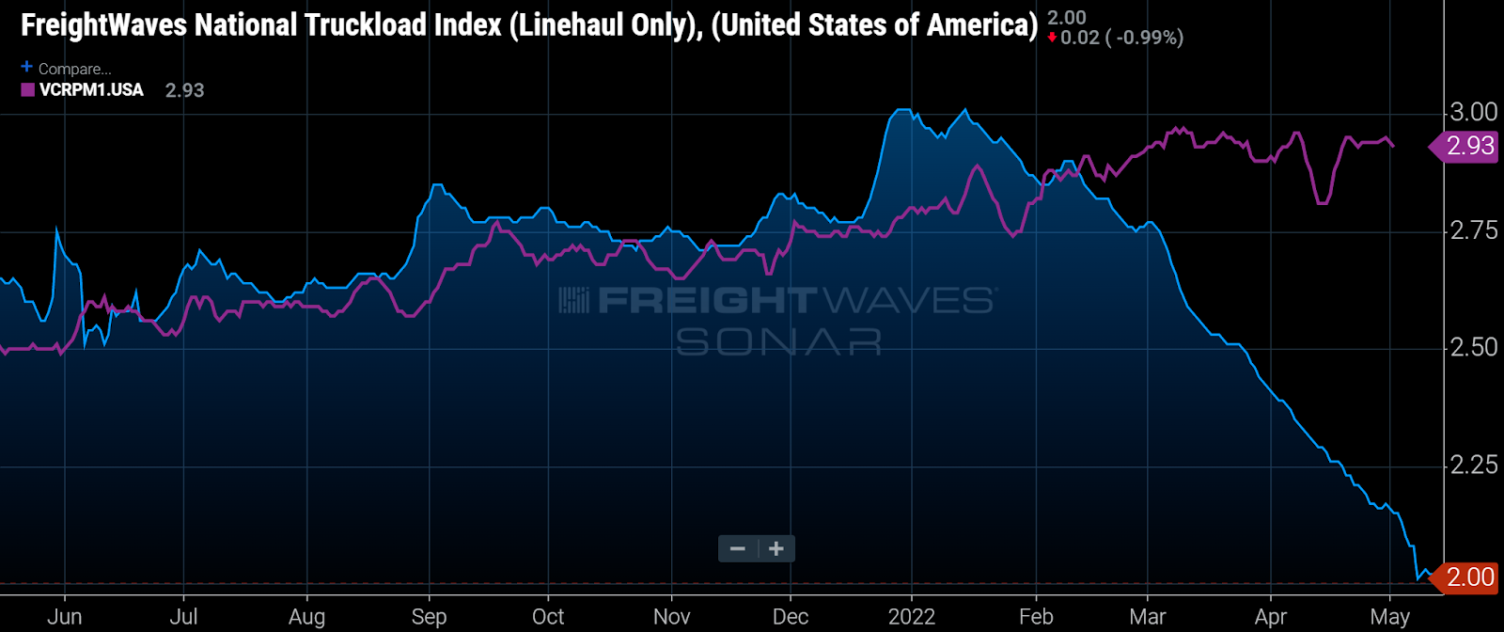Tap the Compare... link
tap(74, 69)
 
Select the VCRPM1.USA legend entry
tap(91, 90)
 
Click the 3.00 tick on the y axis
tap(1473, 112)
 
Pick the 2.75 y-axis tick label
tap(1473, 230)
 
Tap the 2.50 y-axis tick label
tap(1473, 347)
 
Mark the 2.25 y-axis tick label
tap(1473, 465)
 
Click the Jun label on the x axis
tap(64, 617)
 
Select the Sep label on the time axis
tap(429, 617)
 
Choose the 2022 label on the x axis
tap(911, 617)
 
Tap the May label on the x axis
tap(1389, 617)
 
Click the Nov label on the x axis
tap(671, 617)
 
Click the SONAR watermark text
tap(778, 341)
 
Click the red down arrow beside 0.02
tap(1052, 39)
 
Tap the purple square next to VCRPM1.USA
tap(28, 90)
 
